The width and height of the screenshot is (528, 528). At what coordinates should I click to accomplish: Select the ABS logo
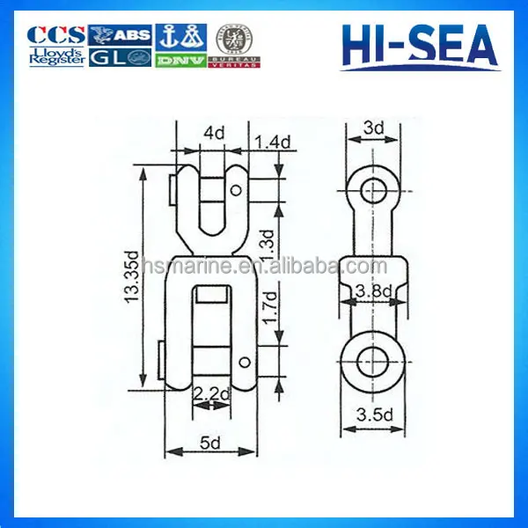[x=121, y=34]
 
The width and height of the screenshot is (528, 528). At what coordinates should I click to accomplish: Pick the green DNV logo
[x=180, y=60]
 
